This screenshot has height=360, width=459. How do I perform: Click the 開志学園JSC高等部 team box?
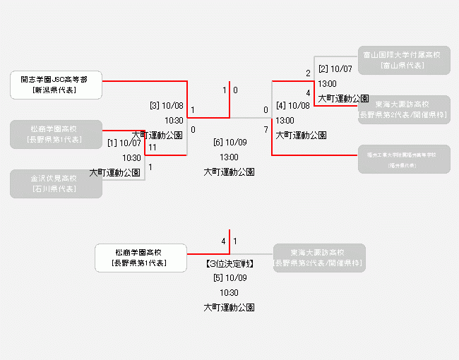[x=56, y=85]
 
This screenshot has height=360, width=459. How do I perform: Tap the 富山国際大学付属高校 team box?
[x=403, y=60]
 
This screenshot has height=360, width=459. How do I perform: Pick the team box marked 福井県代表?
[x=403, y=159]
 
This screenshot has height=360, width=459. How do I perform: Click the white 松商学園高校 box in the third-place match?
[x=141, y=258]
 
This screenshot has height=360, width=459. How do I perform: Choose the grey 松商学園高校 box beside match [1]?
[x=56, y=134]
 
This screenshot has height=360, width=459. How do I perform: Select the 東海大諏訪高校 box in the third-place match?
[x=319, y=258]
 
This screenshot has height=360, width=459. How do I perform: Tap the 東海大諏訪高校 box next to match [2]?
[x=403, y=109]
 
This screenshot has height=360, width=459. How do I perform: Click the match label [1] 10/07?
[x=124, y=143]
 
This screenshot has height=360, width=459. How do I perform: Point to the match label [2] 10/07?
[x=335, y=68]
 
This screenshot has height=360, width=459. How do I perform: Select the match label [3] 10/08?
[x=167, y=106]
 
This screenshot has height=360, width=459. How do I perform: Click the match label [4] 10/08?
[x=293, y=106]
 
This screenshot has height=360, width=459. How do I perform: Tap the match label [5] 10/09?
[x=229, y=277]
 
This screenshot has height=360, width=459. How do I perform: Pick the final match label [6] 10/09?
[x=229, y=143]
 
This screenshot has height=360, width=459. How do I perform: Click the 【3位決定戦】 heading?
[x=229, y=263]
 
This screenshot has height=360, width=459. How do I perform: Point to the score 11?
[x=152, y=147]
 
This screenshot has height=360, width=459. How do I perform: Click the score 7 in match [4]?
[x=266, y=130]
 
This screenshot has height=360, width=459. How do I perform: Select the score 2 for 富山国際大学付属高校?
[x=308, y=73]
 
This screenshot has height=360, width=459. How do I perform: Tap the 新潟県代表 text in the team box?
[x=56, y=90]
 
